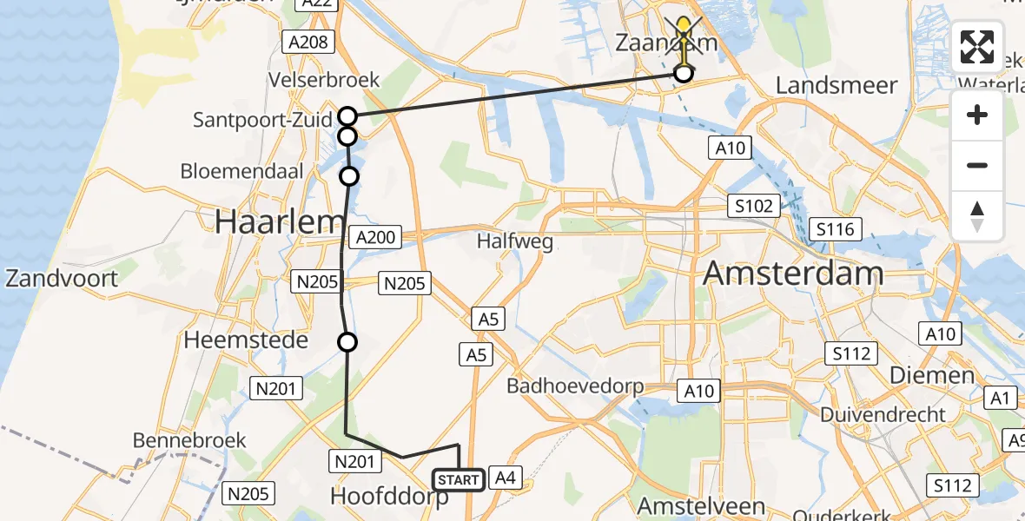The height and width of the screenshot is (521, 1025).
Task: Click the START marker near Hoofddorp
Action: tap(458, 479)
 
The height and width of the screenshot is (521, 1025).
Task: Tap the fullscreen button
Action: tap(977, 47)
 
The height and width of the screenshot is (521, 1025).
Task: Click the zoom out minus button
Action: tap(977, 165)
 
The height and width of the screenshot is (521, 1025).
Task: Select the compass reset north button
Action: tap(977, 216)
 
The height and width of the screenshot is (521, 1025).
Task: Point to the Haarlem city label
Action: tap(280, 222)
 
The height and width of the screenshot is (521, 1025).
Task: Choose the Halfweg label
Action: tap(515, 241)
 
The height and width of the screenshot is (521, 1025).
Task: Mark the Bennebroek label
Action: tap(189, 440)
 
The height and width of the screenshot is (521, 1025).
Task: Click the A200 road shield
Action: tap(374, 237)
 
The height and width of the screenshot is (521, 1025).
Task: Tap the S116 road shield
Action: tap(835, 230)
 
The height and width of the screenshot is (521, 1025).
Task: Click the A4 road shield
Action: tap(506, 476)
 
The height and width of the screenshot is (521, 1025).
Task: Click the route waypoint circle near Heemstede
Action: tap(347, 342)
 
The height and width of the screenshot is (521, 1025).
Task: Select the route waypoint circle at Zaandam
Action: tap(684, 74)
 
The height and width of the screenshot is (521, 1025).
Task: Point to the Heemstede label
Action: tap(246, 340)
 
